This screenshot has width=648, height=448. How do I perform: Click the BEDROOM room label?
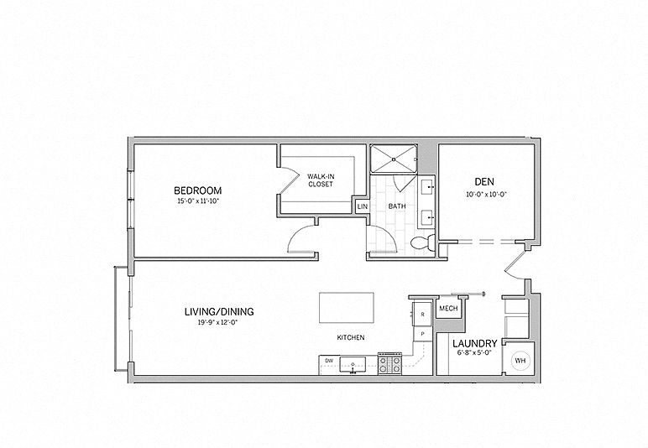point(197,190)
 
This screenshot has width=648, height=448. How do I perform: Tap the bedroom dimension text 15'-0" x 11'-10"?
point(197,201)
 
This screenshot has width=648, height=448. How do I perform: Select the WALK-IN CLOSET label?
point(321,180)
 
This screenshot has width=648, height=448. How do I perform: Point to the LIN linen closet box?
point(362,206)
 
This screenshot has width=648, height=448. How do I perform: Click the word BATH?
point(397,206)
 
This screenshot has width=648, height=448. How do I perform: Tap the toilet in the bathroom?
point(423,242)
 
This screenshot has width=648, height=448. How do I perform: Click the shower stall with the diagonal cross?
point(394,159)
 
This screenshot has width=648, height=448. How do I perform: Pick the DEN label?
point(484,182)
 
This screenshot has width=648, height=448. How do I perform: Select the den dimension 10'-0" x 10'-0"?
point(486,194)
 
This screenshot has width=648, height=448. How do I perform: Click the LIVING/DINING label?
point(219,311)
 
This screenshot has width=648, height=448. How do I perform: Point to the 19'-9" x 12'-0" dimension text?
point(219,322)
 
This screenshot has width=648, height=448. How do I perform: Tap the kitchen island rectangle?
point(347,308)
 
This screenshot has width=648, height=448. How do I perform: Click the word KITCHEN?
point(351,337)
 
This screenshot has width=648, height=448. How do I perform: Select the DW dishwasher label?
point(329,361)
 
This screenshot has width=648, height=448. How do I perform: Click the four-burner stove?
point(390,364)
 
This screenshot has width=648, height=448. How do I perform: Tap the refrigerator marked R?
point(422,315)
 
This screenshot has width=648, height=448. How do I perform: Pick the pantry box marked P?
point(422,334)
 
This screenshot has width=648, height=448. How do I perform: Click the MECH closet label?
point(448,309)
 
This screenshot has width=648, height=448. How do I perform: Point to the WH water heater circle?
point(520,361)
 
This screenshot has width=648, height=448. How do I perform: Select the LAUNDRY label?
point(474,343)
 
